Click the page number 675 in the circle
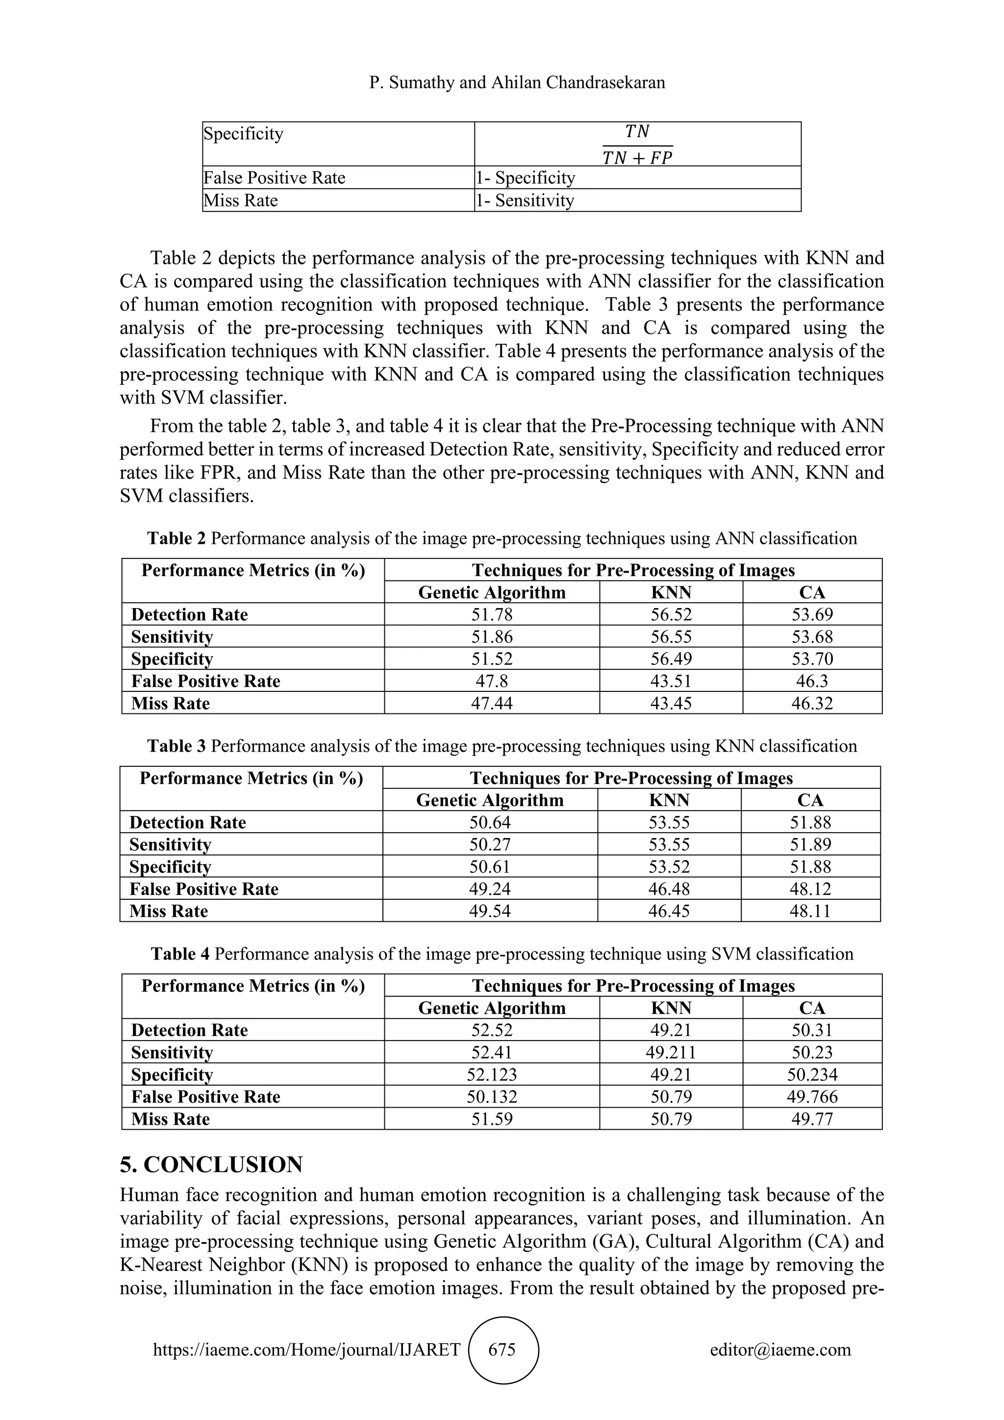[x=502, y=1349]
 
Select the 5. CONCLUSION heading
[x=211, y=1165]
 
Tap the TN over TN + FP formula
[x=637, y=145]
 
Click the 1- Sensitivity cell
[x=525, y=201]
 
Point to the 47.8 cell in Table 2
[x=492, y=681]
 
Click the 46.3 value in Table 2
[x=812, y=681]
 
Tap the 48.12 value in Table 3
[x=810, y=889]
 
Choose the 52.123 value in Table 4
[x=492, y=1074]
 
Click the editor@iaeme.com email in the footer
[x=780, y=1349]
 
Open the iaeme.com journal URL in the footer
[x=306, y=1349]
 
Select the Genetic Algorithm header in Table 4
[x=492, y=1008]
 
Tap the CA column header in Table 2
[x=812, y=592]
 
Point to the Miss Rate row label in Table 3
[x=169, y=911]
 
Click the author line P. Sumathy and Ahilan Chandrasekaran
[x=517, y=82]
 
